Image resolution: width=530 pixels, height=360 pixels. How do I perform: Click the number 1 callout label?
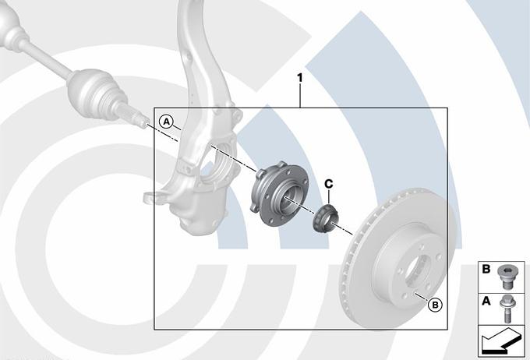tap(300, 79)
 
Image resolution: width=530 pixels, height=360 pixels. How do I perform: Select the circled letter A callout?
tap(166, 122)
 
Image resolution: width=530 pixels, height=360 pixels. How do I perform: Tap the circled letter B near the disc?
tap(435, 305)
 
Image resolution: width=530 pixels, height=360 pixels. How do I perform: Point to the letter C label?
tap(329, 184)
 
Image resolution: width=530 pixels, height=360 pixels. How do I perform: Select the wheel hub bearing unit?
tap(279, 193)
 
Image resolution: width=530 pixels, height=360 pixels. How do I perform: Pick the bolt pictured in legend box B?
tap(506, 276)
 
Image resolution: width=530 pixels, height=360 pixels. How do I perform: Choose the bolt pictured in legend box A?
tap(507, 309)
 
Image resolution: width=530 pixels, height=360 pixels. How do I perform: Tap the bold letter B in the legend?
tap(486, 269)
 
